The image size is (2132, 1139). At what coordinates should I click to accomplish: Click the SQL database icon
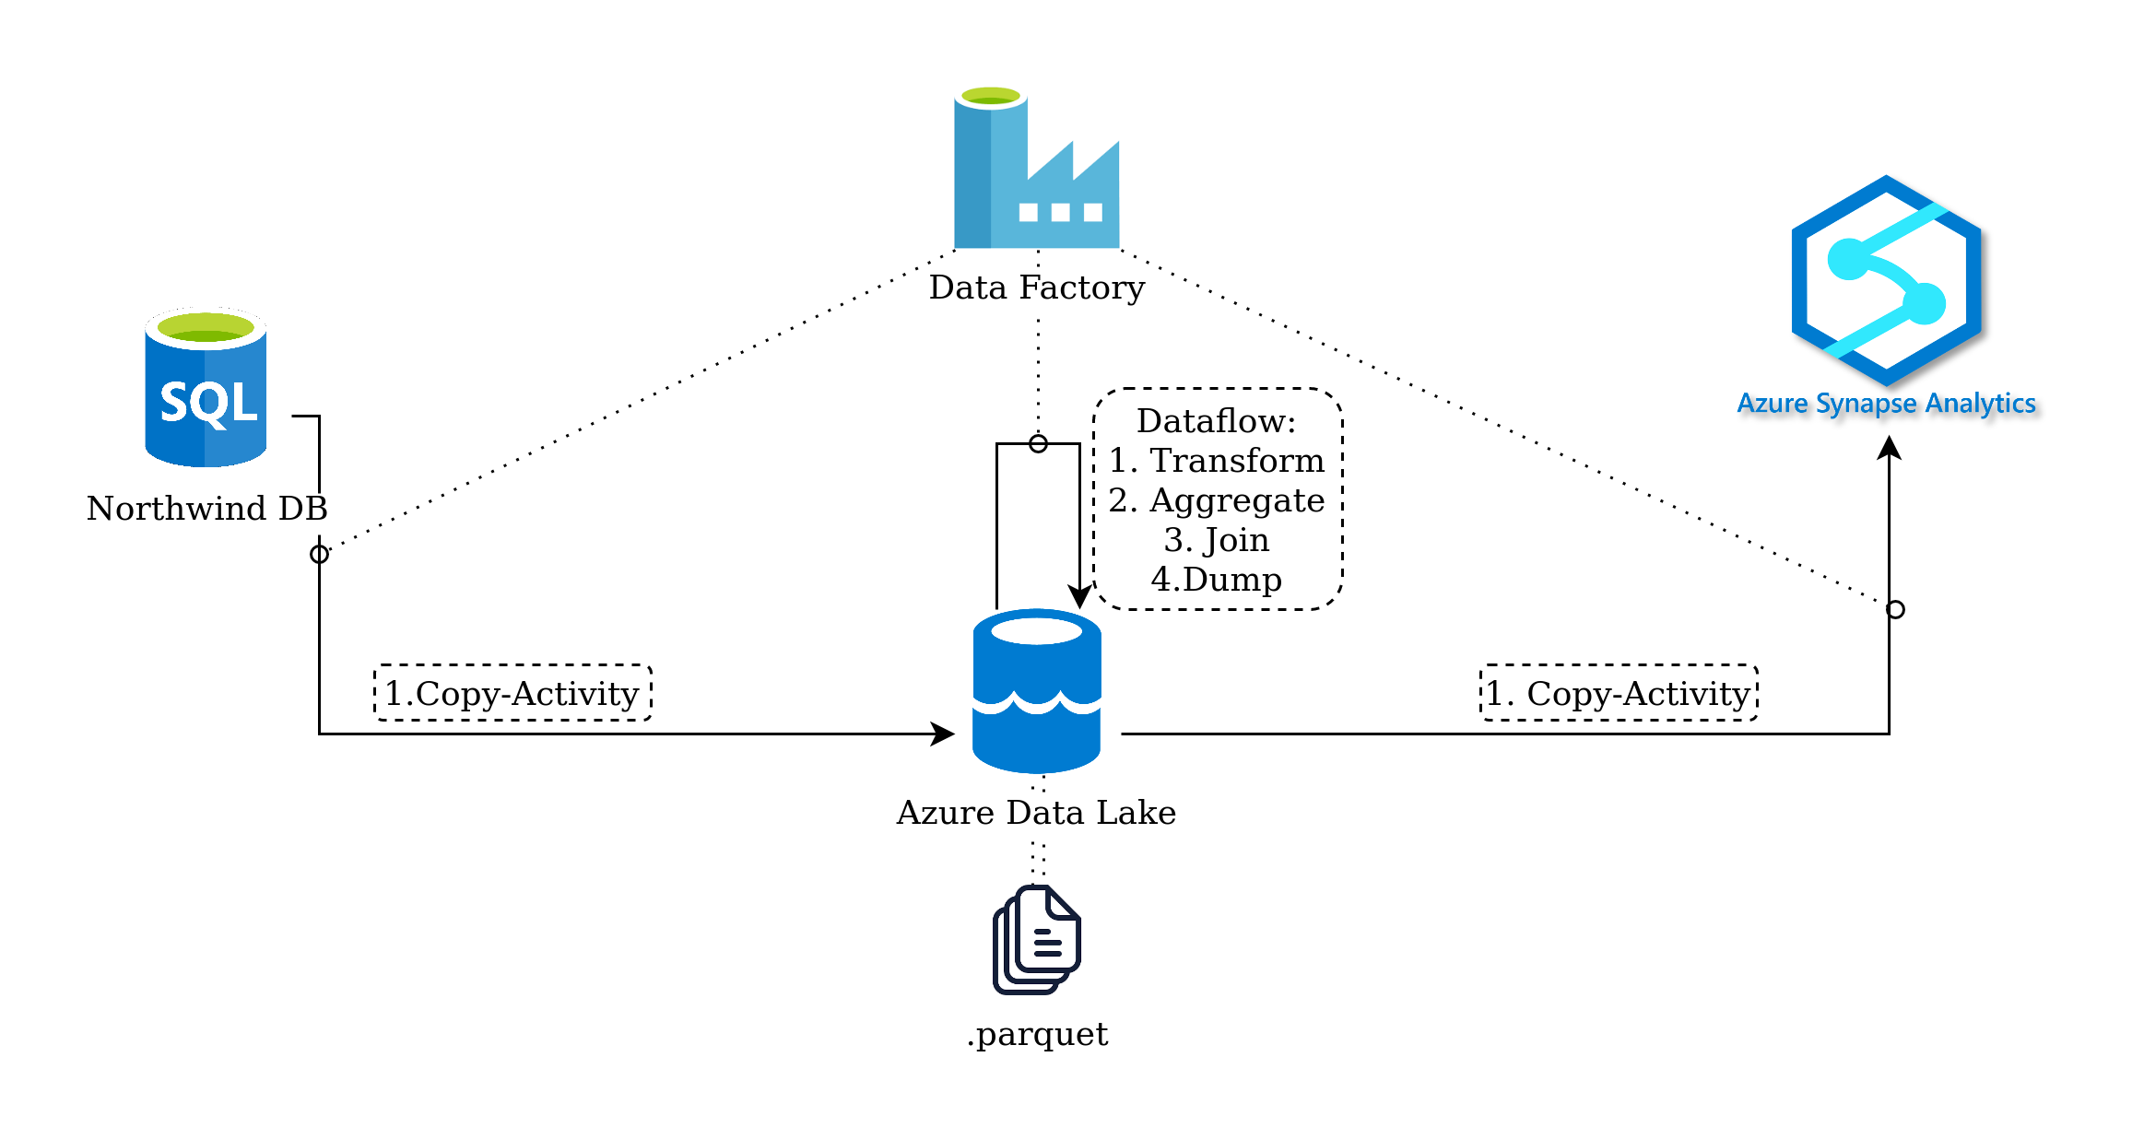206,388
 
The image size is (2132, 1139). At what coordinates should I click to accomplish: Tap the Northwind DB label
207,509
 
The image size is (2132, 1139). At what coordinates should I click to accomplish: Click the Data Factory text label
1036,288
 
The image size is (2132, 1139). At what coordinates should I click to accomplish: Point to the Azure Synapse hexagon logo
1886,280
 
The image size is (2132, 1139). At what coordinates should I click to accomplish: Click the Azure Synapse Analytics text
1886,404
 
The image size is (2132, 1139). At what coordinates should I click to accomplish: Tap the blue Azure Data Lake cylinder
1037,691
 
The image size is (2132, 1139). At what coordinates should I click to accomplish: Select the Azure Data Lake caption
1036,813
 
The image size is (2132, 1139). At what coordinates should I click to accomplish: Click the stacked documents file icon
1037,940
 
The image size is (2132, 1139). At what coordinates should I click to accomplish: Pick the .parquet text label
1037,1034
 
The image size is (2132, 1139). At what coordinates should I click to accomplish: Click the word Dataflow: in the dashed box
1216,421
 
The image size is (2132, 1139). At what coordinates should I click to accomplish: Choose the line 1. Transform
1216,461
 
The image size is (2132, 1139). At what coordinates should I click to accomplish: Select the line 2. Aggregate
1216,500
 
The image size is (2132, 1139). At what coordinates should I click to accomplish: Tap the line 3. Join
1216,540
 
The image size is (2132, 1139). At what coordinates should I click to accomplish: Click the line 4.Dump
1216,580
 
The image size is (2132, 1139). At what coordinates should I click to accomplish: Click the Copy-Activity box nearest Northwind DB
512,693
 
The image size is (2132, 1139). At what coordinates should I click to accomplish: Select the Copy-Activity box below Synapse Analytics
1619,693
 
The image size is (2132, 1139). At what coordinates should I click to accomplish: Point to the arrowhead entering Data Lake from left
943,734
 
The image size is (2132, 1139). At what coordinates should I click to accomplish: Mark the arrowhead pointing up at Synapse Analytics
1890,448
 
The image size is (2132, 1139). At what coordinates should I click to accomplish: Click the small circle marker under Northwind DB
319,554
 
